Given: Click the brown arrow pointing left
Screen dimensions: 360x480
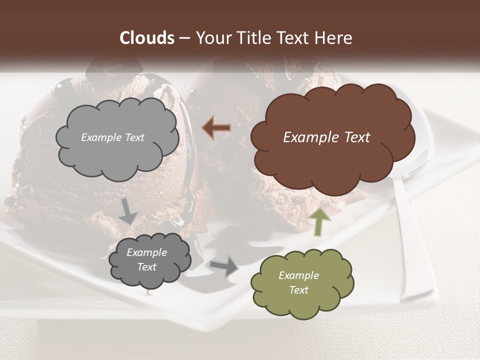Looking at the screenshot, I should pyautogui.click(x=216, y=128).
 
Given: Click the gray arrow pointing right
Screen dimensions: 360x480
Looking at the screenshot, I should pyautogui.click(x=224, y=265).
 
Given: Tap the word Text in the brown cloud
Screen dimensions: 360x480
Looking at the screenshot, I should pyautogui.click(x=356, y=137).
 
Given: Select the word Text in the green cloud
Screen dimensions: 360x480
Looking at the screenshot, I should pyautogui.click(x=298, y=290).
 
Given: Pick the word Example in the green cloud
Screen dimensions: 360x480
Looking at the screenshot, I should pyautogui.click(x=298, y=275).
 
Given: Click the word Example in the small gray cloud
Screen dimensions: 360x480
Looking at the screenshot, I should pyautogui.click(x=146, y=252).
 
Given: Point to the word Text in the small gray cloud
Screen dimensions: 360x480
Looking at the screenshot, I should pyautogui.click(x=146, y=267).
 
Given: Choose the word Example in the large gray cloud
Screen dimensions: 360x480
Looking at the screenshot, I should pyautogui.click(x=100, y=137).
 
